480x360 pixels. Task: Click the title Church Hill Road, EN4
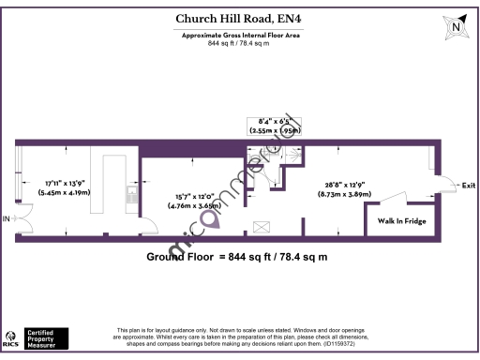239,18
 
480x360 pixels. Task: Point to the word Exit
469,186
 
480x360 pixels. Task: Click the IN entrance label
6,218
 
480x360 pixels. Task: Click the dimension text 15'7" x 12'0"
194,195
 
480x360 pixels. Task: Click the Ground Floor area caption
240,257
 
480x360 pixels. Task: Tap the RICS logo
14,338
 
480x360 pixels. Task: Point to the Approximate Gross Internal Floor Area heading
239,34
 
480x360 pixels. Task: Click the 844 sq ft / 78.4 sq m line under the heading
239,42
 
